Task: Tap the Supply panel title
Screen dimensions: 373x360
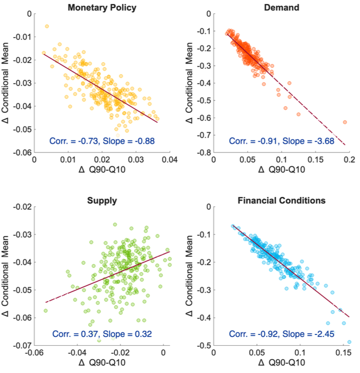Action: (x=102, y=201)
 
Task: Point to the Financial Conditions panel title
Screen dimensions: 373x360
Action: (x=281, y=201)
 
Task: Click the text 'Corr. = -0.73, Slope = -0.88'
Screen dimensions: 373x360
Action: (x=103, y=141)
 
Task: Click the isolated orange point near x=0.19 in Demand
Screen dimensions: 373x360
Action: (x=345, y=122)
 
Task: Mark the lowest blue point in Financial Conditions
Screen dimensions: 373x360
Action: (x=349, y=342)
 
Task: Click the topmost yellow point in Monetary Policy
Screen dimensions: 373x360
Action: (x=47, y=26)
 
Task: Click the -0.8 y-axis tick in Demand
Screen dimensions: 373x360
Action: (x=205, y=152)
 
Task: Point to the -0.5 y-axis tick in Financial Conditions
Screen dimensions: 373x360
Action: (x=205, y=344)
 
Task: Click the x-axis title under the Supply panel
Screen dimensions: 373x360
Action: (x=102, y=364)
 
